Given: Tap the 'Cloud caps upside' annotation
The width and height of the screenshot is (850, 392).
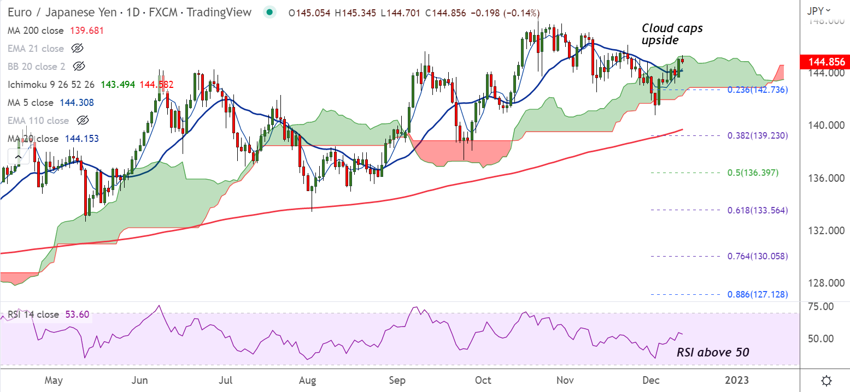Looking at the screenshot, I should [672, 34].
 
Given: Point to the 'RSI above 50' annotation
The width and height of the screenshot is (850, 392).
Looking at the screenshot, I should [713, 353].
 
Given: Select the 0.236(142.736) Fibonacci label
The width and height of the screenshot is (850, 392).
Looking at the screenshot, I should [757, 90].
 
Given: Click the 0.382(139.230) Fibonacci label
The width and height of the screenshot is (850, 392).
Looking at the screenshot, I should [757, 135].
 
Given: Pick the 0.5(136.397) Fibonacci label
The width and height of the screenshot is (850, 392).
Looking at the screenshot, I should [753, 173].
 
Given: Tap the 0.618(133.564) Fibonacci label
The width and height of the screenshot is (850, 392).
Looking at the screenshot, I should [757, 210].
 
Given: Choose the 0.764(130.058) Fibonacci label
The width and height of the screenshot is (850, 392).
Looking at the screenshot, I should [757, 256].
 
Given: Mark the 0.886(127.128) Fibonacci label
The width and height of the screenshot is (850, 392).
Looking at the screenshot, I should [757, 294].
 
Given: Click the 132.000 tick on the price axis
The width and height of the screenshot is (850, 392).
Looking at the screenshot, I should [824, 230].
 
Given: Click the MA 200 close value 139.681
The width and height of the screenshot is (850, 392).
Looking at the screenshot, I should [86, 31].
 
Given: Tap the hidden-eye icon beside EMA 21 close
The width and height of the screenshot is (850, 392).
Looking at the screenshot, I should [77, 49].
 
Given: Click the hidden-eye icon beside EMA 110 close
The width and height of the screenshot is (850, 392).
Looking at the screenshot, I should [82, 120].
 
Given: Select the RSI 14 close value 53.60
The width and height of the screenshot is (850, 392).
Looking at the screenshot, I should [78, 314].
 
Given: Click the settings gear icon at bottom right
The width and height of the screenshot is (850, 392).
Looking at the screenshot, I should [827, 380].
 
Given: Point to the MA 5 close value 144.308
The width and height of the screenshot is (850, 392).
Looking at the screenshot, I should [76, 103].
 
